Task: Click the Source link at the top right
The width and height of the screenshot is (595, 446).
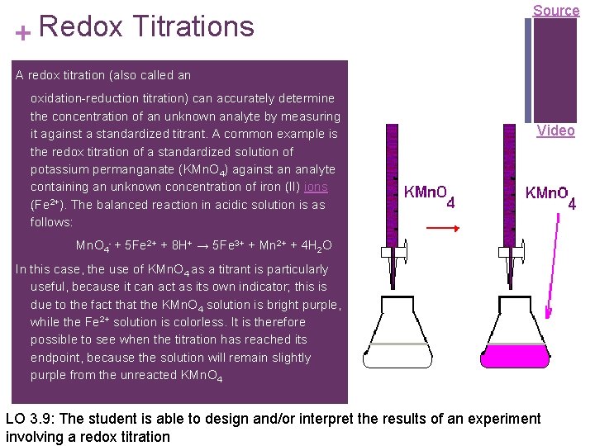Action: click(x=555, y=11)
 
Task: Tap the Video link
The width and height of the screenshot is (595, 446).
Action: click(x=555, y=130)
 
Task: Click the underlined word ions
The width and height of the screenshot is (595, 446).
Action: click(x=316, y=187)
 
